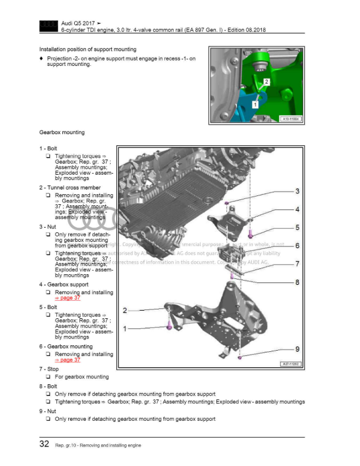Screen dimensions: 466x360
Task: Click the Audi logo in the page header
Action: click(x=46, y=25)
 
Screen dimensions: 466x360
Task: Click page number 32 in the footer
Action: click(x=44, y=444)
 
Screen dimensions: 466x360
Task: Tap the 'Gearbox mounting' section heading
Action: click(x=62, y=132)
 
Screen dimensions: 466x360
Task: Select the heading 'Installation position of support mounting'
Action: click(x=88, y=49)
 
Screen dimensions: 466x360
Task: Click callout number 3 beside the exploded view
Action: click(x=297, y=191)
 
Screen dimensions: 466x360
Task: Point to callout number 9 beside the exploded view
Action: click(x=297, y=349)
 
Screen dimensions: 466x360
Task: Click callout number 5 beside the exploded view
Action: click(x=297, y=227)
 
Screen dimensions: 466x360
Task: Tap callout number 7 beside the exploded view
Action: click(x=297, y=264)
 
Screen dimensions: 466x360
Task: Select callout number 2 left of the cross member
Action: click(x=125, y=310)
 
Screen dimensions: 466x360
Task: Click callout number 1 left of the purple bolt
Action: click(x=125, y=329)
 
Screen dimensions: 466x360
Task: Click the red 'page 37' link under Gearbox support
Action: click(x=68, y=298)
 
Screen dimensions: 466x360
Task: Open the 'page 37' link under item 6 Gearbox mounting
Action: click(x=68, y=360)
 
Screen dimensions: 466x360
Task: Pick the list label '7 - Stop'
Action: click(x=50, y=369)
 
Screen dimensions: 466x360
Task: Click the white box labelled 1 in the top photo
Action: click(x=255, y=103)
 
